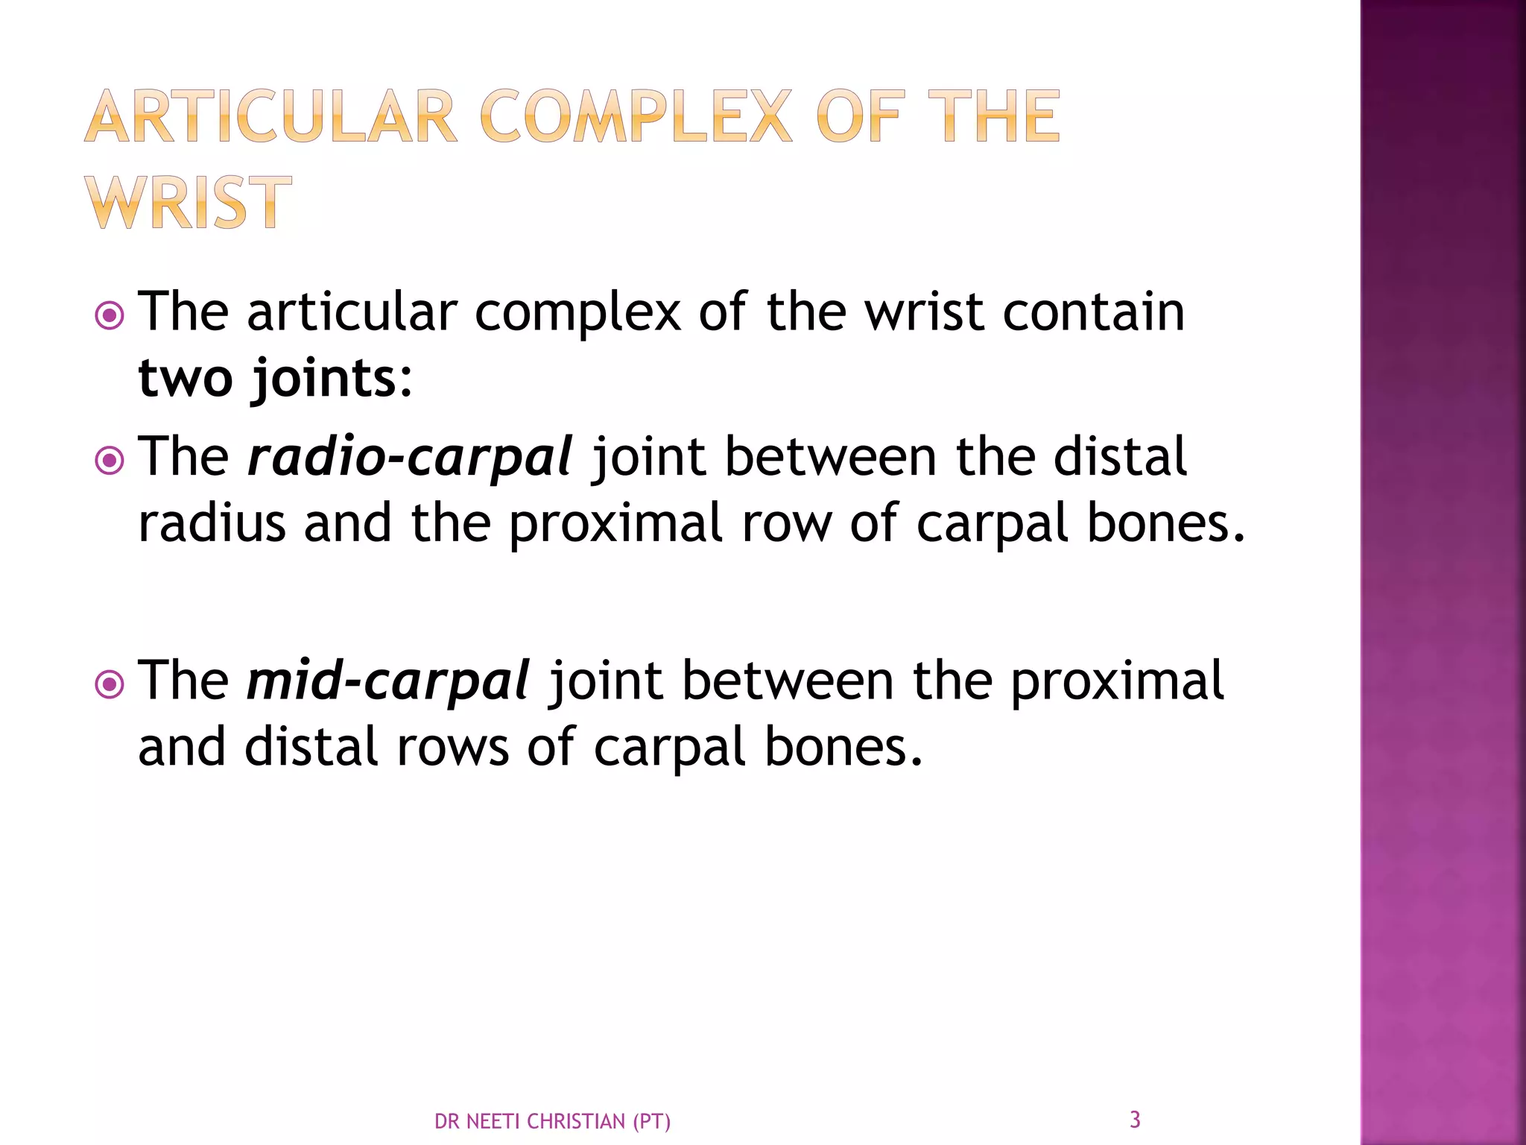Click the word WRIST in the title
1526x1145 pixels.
[x=188, y=203]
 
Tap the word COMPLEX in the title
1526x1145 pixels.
[x=636, y=116]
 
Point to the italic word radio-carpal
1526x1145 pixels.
[x=410, y=456]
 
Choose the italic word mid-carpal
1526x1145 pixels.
[x=388, y=680]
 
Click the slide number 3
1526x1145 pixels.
[x=1135, y=1119]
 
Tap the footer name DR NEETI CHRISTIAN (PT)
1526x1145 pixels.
[x=552, y=1121]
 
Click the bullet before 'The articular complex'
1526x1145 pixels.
[x=110, y=316]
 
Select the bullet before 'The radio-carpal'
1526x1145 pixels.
[x=110, y=461]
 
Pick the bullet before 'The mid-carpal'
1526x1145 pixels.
[x=110, y=684]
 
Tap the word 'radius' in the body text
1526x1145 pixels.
[x=212, y=523]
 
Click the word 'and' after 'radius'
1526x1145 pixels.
[x=348, y=523]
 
